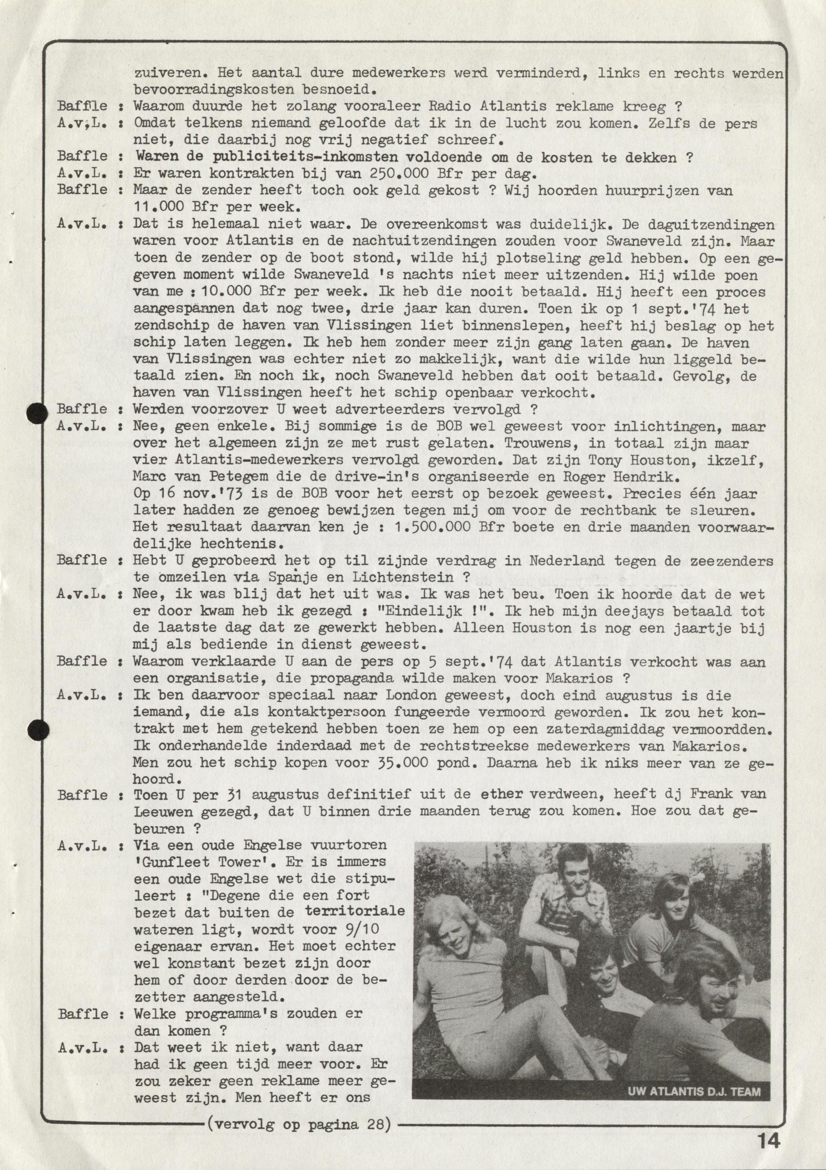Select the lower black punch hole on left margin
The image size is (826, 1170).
click(x=37, y=730)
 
